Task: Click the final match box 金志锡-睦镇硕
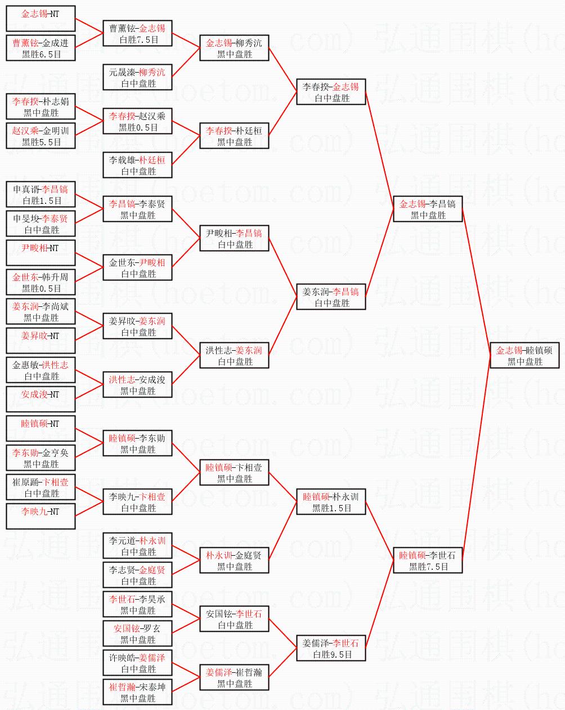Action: (x=524, y=355)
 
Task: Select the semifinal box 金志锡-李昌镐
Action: (x=428, y=209)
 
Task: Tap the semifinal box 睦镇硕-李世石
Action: (x=428, y=560)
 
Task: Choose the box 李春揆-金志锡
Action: (x=331, y=92)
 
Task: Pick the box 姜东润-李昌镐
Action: (x=331, y=297)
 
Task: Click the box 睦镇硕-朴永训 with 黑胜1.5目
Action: (x=331, y=502)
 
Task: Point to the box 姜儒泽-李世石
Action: (x=331, y=648)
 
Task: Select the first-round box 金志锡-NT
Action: (x=41, y=19)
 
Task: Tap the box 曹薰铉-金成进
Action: (x=41, y=48)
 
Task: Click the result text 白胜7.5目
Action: (x=139, y=39)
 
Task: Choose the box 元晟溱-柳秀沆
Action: (x=137, y=77)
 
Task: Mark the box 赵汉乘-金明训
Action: (x=41, y=136)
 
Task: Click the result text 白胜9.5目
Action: (x=333, y=654)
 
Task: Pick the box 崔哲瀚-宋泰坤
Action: (x=137, y=692)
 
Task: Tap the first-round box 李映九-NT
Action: (x=41, y=516)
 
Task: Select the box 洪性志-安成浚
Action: (x=137, y=385)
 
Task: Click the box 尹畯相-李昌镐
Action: (x=234, y=238)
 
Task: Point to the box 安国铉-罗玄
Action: (x=137, y=633)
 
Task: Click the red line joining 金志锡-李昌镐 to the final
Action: (x=476, y=282)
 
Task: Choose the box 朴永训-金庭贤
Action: (x=234, y=560)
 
